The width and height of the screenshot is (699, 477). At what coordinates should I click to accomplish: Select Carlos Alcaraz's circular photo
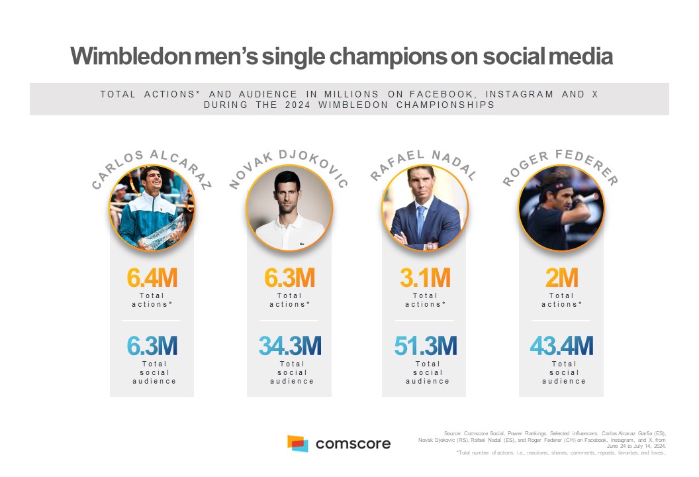152,208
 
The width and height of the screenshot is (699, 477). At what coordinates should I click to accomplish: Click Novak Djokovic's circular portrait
289,208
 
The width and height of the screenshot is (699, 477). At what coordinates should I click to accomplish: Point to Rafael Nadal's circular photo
425,208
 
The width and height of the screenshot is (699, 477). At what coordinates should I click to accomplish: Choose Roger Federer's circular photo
561,208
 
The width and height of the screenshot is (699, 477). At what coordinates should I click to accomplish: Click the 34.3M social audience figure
290,346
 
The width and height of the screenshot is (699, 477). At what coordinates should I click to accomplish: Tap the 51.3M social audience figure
426,346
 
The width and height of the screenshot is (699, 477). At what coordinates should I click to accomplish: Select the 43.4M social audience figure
561,346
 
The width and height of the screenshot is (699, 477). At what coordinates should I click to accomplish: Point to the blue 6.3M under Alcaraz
152,346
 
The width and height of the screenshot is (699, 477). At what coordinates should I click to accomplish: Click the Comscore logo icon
297,443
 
